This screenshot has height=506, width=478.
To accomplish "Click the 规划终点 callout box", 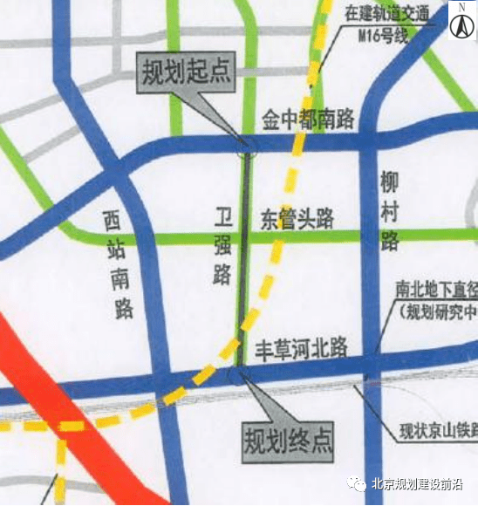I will click(288, 437).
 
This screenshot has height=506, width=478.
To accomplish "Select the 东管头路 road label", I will click(297, 219).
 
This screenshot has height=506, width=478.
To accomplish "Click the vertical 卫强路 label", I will click(223, 247).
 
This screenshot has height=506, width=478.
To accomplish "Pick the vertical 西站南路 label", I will click(116, 263).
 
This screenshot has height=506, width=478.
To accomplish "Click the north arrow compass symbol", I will click(460, 22).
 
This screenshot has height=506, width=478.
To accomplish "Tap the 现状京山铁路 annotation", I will click(437, 429).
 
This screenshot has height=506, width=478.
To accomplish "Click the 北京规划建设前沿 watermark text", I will click(417, 486).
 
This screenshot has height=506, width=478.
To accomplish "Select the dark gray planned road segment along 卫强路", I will click(244, 262).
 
